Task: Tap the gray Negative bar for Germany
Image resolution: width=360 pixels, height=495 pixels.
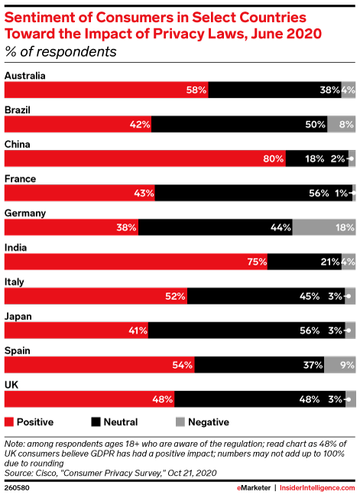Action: click(323, 227)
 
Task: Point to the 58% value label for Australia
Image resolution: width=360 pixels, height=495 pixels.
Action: click(196, 90)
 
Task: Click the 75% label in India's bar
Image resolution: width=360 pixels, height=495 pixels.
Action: click(256, 262)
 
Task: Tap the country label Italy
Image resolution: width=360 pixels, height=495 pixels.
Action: click(15, 282)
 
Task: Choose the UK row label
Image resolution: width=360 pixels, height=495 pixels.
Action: click(11, 385)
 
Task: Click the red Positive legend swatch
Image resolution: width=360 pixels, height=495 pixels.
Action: click(9, 421)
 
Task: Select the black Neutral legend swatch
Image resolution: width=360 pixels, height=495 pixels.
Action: click(96, 421)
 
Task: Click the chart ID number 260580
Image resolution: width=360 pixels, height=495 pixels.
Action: click(16, 485)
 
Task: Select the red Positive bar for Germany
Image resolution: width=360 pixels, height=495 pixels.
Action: click(71, 227)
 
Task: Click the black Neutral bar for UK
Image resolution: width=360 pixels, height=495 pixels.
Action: click(260, 399)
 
